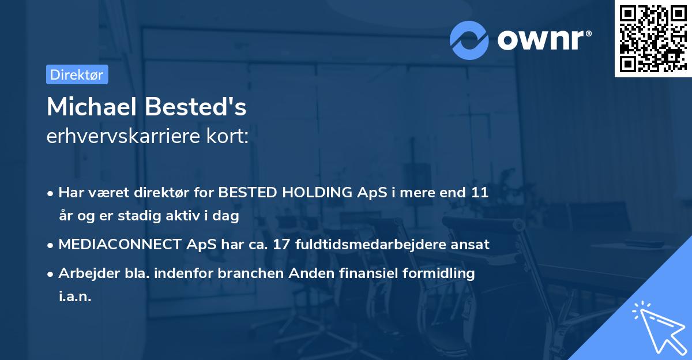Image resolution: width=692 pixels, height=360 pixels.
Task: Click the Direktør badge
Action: click(77, 74)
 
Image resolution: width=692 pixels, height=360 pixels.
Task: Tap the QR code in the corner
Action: click(653, 39)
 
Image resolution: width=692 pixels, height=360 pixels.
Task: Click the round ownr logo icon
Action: click(469, 40)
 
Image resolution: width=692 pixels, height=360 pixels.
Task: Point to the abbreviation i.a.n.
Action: click(74, 297)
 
